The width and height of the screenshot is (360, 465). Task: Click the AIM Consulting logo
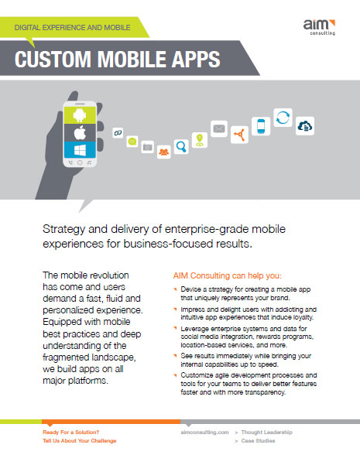[319, 27]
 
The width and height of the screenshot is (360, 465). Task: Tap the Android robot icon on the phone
[80, 115]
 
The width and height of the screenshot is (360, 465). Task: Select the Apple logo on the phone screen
[80, 132]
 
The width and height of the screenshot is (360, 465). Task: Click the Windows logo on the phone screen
[80, 149]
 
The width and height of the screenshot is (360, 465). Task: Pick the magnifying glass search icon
[181, 146]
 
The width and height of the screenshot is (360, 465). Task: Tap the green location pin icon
[200, 140]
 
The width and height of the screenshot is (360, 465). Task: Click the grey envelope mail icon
[219, 128]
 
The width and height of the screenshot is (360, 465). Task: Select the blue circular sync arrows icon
[283, 118]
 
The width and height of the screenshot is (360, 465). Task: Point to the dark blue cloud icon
[305, 126]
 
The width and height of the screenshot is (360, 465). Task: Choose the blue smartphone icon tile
[261, 126]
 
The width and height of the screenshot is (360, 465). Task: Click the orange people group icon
[164, 152]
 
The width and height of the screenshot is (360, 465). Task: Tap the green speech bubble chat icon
[132, 142]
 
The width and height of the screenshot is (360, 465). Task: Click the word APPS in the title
[196, 59]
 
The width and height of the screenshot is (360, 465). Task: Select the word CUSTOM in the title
[53, 59]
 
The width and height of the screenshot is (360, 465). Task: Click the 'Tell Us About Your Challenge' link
[80, 441]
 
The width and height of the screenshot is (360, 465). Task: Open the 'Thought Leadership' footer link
[266, 432]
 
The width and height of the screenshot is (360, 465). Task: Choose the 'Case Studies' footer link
[258, 441]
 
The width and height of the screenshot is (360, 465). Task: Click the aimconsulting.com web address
[205, 433]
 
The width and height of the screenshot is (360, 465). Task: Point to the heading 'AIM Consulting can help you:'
[228, 275]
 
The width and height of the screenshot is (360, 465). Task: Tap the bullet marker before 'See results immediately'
[176, 354]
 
